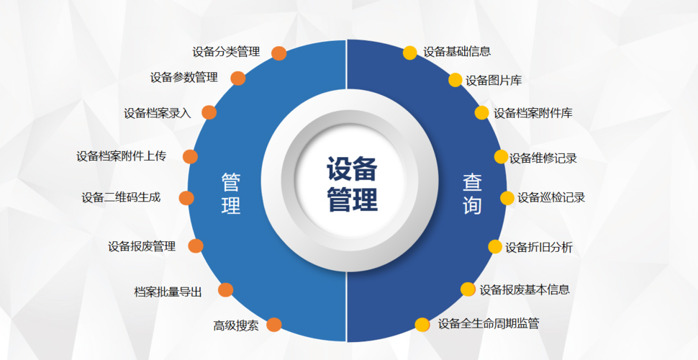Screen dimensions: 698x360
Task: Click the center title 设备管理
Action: (352, 184)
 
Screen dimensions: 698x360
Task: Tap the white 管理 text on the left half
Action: (230, 194)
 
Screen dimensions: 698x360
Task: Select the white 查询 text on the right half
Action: (472, 194)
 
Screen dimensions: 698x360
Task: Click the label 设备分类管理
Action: (226, 52)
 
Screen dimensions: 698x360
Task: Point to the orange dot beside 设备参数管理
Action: (238, 78)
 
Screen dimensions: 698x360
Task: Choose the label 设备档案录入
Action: (158, 113)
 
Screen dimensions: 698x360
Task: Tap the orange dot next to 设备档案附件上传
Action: (190, 156)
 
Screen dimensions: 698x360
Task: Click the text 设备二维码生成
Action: (121, 197)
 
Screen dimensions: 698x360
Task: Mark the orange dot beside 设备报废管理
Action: (196, 246)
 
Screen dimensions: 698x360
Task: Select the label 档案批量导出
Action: (168, 292)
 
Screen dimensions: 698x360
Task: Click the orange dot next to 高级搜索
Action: (274, 325)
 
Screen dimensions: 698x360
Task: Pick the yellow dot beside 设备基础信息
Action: (410, 52)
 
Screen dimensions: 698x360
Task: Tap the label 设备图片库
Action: (494, 81)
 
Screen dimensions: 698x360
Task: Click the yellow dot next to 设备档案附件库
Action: (481, 112)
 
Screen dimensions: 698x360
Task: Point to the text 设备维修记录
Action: (543, 158)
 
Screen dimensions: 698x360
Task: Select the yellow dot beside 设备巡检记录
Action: (507, 198)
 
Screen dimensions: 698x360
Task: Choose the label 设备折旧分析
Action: (539, 247)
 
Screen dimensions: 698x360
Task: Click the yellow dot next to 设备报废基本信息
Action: (468, 289)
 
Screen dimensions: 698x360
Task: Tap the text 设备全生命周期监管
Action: (489, 323)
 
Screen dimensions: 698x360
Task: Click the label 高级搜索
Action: (236, 325)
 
